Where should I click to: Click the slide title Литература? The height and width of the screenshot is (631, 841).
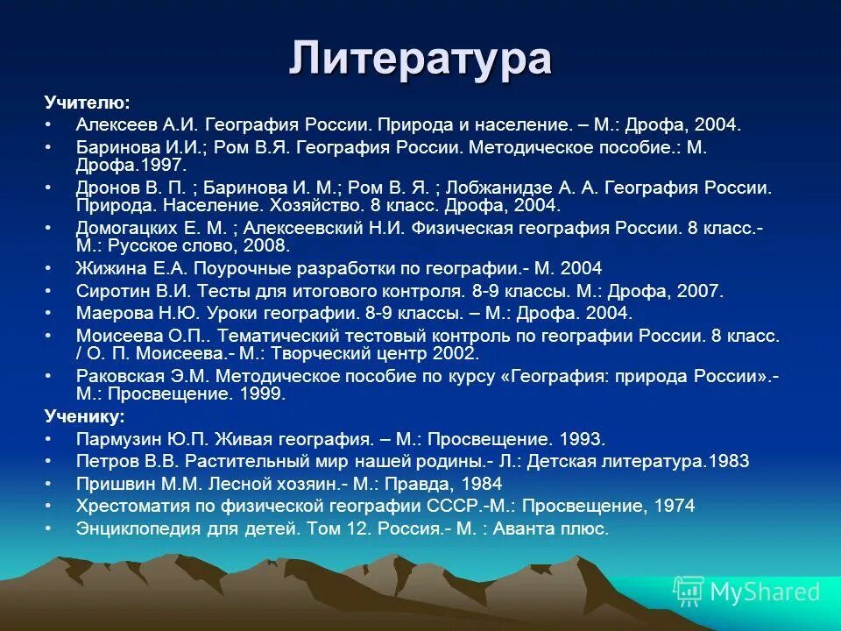tap(420, 59)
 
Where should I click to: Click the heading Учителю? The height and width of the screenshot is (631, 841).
tap(87, 103)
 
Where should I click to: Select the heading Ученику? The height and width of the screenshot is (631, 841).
tap(84, 415)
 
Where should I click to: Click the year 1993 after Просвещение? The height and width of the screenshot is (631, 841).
tap(583, 438)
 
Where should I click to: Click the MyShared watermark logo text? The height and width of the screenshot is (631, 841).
tap(764, 592)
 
